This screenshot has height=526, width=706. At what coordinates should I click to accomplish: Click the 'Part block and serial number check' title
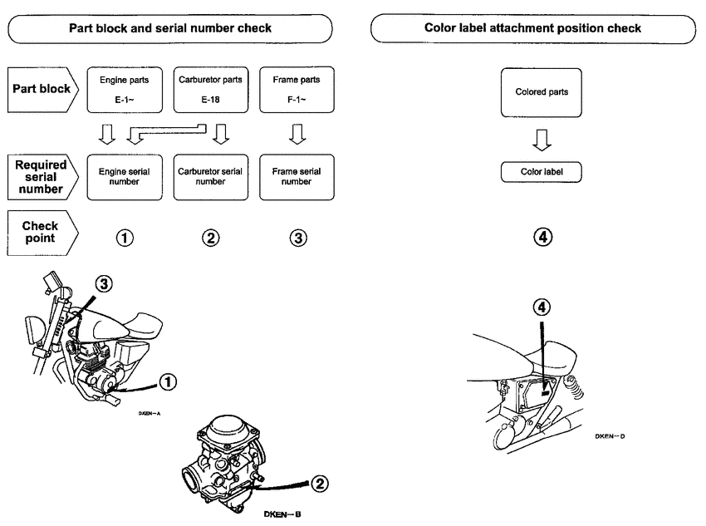[170, 28]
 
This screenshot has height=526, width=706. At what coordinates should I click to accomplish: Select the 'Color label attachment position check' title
[533, 28]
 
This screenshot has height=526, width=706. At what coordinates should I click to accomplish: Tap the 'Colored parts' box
[542, 92]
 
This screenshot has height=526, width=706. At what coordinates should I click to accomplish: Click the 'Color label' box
[542, 172]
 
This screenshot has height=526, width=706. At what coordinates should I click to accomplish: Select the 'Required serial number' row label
[40, 176]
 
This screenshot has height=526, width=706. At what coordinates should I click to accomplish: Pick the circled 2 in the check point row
[210, 238]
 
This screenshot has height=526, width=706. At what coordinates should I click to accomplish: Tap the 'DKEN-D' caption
[615, 435]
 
